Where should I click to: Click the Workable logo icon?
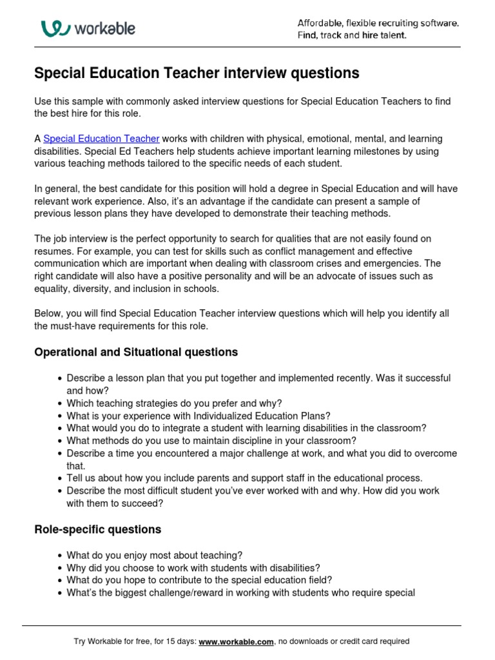pyautogui.click(x=55, y=28)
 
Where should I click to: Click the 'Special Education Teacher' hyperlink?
pyautogui.click(x=101, y=139)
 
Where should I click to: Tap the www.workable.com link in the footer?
pyautogui.click(x=237, y=641)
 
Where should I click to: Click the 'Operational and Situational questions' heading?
pyautogui.click(x=136, y=352)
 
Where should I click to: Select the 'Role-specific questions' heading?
pyautogui.click(x=97, y=529)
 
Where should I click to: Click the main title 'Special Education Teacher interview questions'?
pyautogui.click(x=197, y=73)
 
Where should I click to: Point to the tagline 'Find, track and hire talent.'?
pyautogui.click(x=352, y=35)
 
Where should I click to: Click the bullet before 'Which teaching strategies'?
pyautogui.click(x=60, y=403)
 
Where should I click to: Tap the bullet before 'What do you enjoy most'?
pyautogui.click(x=60, y=555)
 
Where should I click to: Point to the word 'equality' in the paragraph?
pyautogui.click(x=52, y=288)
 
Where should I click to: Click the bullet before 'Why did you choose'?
pyautogui.click(x=60, y=568)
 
